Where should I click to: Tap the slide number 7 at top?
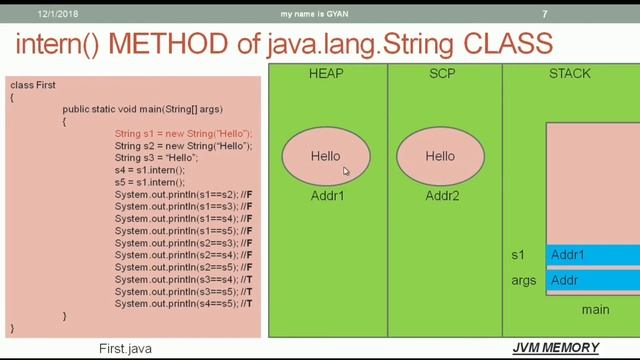point(544,14)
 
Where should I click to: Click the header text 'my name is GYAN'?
point(322,14)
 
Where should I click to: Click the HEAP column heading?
point(327,73)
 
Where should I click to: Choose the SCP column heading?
point(441,73)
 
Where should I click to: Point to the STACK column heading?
point(569,73)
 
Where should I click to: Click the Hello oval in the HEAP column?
point(326,156)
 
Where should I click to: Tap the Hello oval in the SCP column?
point(440,156)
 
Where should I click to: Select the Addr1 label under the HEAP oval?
point(326,196)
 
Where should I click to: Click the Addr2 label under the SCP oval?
point(441,196)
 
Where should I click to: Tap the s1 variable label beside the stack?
point(517,256)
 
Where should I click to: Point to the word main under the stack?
point(595,310)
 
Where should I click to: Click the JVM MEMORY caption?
point(556,348)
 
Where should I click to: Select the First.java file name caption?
point(125,349)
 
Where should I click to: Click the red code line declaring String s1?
point(183,134)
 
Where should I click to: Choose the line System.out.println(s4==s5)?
point(184,303)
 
